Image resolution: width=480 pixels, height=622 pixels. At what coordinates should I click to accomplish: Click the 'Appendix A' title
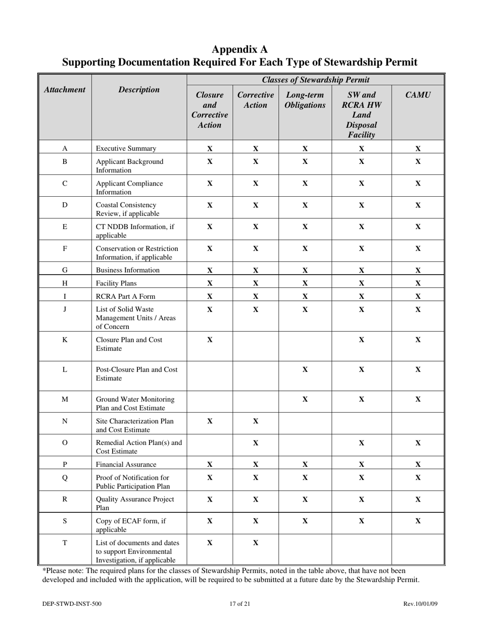coord(239,49)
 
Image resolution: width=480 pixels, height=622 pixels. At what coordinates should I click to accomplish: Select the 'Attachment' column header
coord(64,90)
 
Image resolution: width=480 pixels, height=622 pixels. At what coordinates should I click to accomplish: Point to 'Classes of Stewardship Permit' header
coord(315,80)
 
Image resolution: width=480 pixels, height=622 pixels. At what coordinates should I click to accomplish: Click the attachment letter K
coord(65,340)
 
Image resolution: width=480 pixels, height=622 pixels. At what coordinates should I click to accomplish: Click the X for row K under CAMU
coord(418,340)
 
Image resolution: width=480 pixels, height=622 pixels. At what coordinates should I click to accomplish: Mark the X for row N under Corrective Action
coord(255,421)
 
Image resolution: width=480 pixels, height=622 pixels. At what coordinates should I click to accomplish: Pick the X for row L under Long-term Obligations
coord(305,370)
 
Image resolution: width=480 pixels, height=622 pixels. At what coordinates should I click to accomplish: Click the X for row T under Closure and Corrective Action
coord(210,543)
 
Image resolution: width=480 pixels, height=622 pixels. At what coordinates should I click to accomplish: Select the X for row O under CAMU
coord(418,443)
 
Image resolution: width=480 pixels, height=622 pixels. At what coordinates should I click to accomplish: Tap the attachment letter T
coord(65,543)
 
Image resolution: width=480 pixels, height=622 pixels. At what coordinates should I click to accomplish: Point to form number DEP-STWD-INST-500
coord(74,603)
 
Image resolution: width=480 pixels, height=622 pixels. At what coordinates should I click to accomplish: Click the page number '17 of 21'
coord(239,603)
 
